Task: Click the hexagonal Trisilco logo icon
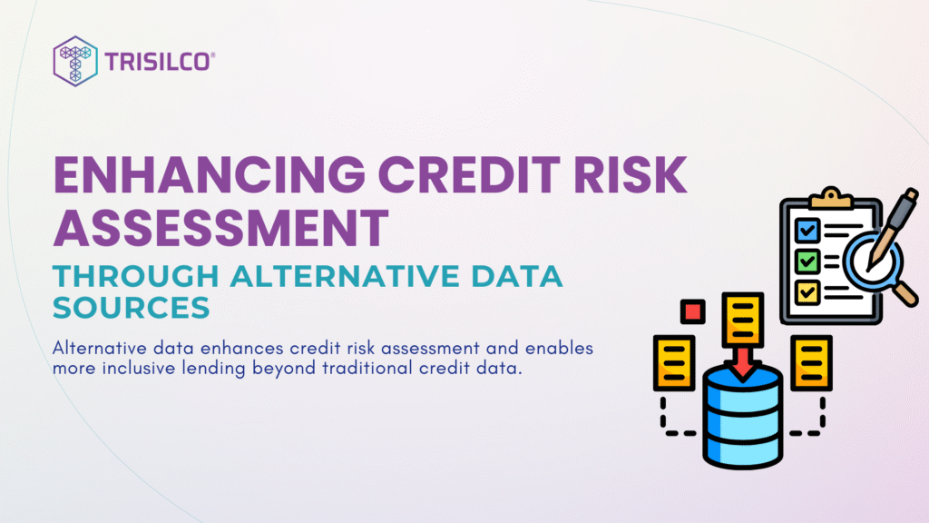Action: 75,61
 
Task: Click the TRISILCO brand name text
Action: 158,62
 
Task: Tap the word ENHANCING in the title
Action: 210,175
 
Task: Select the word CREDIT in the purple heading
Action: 469,175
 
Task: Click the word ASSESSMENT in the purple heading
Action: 221,228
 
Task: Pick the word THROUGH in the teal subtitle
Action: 136,276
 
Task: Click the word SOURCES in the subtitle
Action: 132,308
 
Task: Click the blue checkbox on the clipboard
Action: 807,230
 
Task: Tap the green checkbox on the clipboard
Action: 807,261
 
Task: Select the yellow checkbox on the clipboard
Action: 807,291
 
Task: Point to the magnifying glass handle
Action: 905,293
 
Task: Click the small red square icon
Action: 692,311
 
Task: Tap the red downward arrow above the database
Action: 742,363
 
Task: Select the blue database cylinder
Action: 743,417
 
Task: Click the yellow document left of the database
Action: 674,363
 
